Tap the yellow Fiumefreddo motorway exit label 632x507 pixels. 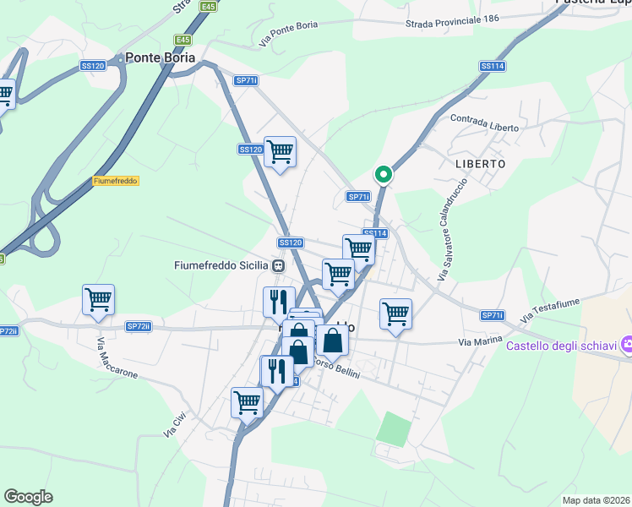116,181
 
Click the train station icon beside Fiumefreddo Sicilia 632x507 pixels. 278,265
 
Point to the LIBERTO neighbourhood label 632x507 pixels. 479,163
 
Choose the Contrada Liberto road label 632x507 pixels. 484,123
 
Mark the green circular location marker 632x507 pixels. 383,175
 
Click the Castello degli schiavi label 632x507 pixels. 559,345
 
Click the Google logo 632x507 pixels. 28,497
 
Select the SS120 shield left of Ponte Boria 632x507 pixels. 92,65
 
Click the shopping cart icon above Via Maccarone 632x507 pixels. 99,299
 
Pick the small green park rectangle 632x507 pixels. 391,428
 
